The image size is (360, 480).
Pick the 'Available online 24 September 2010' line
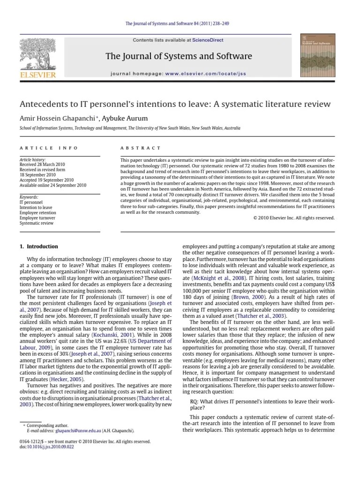(53, 185)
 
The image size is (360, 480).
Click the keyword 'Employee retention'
(37, 212)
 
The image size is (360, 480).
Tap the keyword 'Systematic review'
(36, 223)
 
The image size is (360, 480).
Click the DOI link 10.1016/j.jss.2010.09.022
(47, 447)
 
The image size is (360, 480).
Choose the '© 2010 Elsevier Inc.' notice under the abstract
(293, 217)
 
